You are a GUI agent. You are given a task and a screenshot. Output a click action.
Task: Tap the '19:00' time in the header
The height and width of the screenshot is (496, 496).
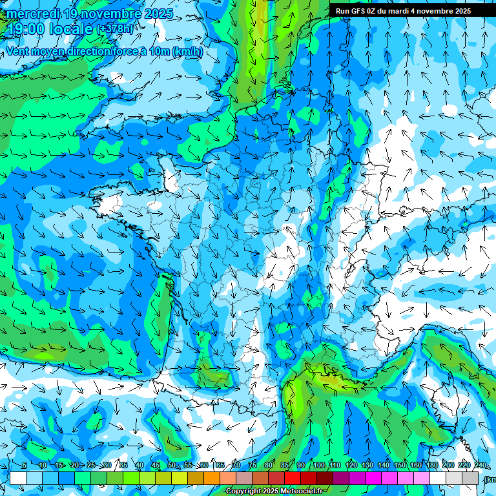pyautogui.click(x=24, y=29)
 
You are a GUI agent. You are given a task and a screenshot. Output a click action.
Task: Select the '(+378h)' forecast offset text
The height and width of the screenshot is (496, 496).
pyautogui.click(x=116, y=29)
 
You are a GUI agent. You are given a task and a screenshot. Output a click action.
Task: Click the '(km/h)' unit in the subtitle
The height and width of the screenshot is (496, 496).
pyautogui.click(x=187, y=51)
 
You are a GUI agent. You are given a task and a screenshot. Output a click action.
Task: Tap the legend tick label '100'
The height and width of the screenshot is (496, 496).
pyautogui.click(x=319, y=465)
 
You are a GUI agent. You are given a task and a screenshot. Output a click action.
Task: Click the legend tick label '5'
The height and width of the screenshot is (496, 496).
pyautogui.click(x=24, y=465)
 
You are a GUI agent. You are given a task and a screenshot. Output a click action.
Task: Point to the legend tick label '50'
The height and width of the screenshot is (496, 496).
pyautogui.click(x=172, y=465)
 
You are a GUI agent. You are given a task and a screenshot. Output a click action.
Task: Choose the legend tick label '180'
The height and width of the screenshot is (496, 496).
pyautogui.click(x=431, y=465)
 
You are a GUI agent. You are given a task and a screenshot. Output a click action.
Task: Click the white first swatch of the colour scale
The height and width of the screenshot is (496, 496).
pyautogui.click(x=18, y=478)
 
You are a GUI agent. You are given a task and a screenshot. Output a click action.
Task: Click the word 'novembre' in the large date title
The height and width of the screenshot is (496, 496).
pyautogui.click(x=113, y=14)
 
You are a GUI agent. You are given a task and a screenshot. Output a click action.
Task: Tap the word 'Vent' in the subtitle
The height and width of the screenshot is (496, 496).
pyautogui.click(x=19, y=51)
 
